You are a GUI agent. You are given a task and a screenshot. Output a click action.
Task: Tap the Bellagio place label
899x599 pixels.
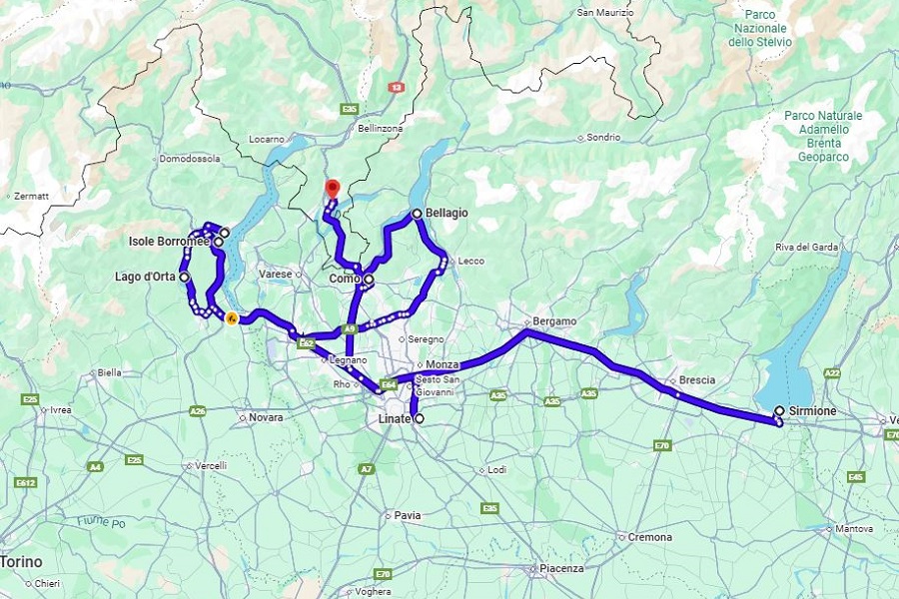coord(446,214)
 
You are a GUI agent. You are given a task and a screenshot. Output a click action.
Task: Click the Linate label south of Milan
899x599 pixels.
coord(394,419)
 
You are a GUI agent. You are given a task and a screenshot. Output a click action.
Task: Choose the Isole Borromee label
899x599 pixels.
coord(169,242)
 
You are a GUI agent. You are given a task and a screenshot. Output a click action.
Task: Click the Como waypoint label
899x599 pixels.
coord(344,280)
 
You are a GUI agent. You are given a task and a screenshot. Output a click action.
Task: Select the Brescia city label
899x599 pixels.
coord(696,380)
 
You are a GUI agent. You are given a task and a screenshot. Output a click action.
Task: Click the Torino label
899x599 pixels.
coord(21,562)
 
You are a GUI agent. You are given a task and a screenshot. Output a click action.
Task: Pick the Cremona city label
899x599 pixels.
coord(650,537)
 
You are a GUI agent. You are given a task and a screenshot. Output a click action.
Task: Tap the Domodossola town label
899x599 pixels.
coord(189,158)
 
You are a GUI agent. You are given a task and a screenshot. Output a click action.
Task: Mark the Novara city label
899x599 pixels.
coord(266,417)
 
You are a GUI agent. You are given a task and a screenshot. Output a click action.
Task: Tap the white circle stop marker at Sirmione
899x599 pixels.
coord(779,410)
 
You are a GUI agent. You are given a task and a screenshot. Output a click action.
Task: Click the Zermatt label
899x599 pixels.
coord(32,197)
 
